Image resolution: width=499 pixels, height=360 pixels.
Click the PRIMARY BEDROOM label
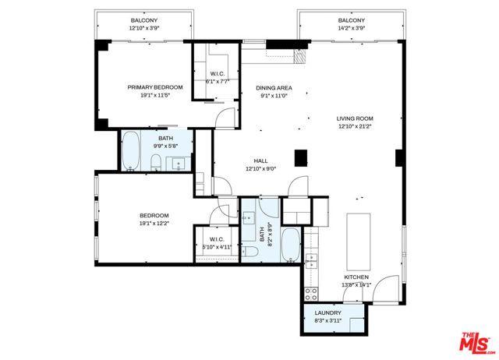click(155, 87)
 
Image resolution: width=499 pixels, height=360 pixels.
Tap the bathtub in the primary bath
click(131, 150)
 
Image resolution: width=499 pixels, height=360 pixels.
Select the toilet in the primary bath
click(156, 162)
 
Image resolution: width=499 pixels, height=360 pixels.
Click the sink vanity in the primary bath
click(179, 163)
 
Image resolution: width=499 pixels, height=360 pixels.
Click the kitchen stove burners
click(310, 293)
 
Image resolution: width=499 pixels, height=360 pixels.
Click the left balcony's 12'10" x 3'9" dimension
click(143, 28)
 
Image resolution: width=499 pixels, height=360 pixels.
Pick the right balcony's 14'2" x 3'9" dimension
click(352, 28)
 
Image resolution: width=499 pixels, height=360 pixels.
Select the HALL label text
click(260, 161)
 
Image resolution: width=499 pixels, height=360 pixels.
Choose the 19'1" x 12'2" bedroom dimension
click(154, 222)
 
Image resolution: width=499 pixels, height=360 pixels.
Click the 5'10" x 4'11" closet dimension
click(217, 247)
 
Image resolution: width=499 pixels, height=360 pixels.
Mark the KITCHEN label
click(358, 277)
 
